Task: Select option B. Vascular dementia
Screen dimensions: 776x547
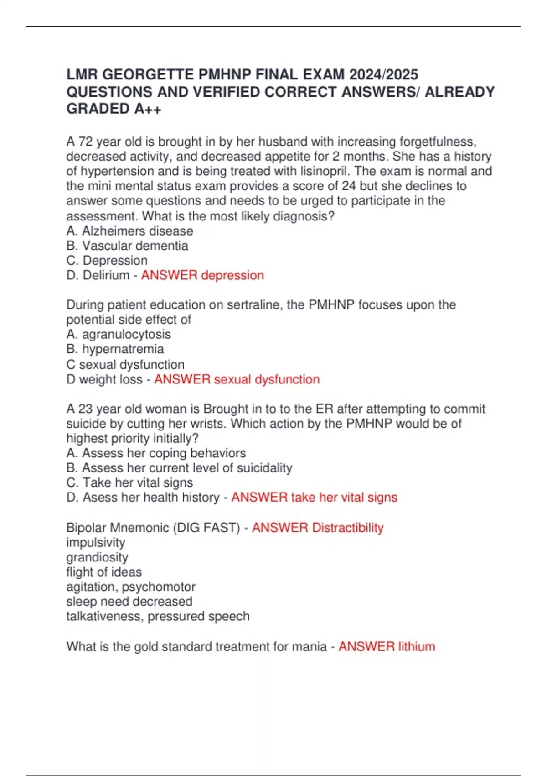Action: (127, 246)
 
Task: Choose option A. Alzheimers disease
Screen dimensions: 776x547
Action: (130, 231)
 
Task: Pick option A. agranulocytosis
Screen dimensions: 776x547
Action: (119, 334)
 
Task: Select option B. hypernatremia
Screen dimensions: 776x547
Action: (115, 349)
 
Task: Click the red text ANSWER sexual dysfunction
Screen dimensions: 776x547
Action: (237, 379)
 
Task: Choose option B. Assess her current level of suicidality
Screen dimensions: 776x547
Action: (179, 468)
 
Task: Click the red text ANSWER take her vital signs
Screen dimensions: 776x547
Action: (314, 497)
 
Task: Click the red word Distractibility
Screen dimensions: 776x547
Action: (348, 528)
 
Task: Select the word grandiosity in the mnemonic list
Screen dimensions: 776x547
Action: (97, 557)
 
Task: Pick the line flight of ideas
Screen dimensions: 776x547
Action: (104, 572)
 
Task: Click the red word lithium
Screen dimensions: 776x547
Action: (417, 646)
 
